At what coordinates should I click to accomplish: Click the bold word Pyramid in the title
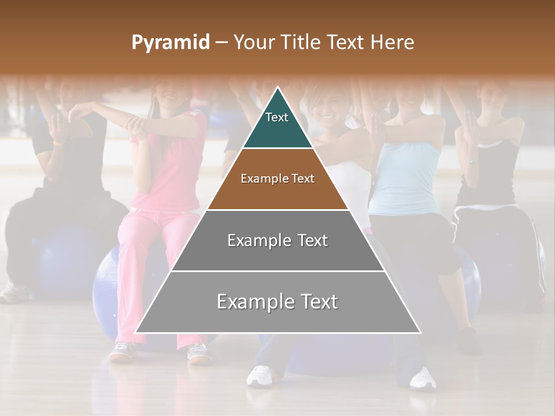coord(171,43)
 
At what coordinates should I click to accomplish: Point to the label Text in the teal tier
coord(277,117)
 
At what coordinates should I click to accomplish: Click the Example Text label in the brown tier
coord(277,179)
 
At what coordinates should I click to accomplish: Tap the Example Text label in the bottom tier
coord(277,302)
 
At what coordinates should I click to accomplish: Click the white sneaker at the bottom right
coord(423,378)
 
